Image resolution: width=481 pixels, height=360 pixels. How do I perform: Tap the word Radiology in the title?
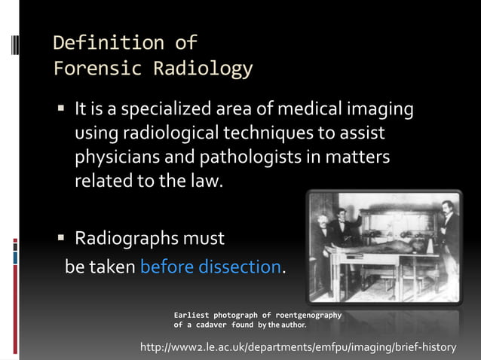coord(203,69)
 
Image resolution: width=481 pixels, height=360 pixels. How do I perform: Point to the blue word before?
coord(165,267)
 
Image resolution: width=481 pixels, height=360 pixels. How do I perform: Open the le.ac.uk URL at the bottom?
coord(299,347)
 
